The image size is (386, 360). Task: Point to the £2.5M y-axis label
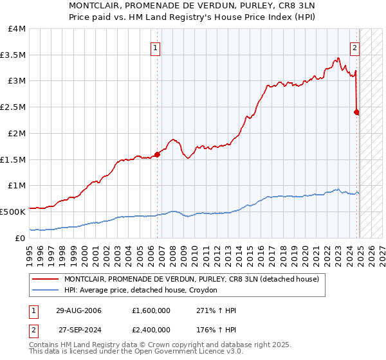coord(13,107)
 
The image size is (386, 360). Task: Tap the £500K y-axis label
coord(13,211)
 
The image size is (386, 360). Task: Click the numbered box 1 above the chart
coord(156,47)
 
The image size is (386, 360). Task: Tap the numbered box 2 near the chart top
coord(354,47)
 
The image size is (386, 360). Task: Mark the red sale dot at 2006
coord(157,154)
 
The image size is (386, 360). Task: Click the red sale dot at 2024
coord(357,112)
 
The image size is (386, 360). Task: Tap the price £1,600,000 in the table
coord(150,310)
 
